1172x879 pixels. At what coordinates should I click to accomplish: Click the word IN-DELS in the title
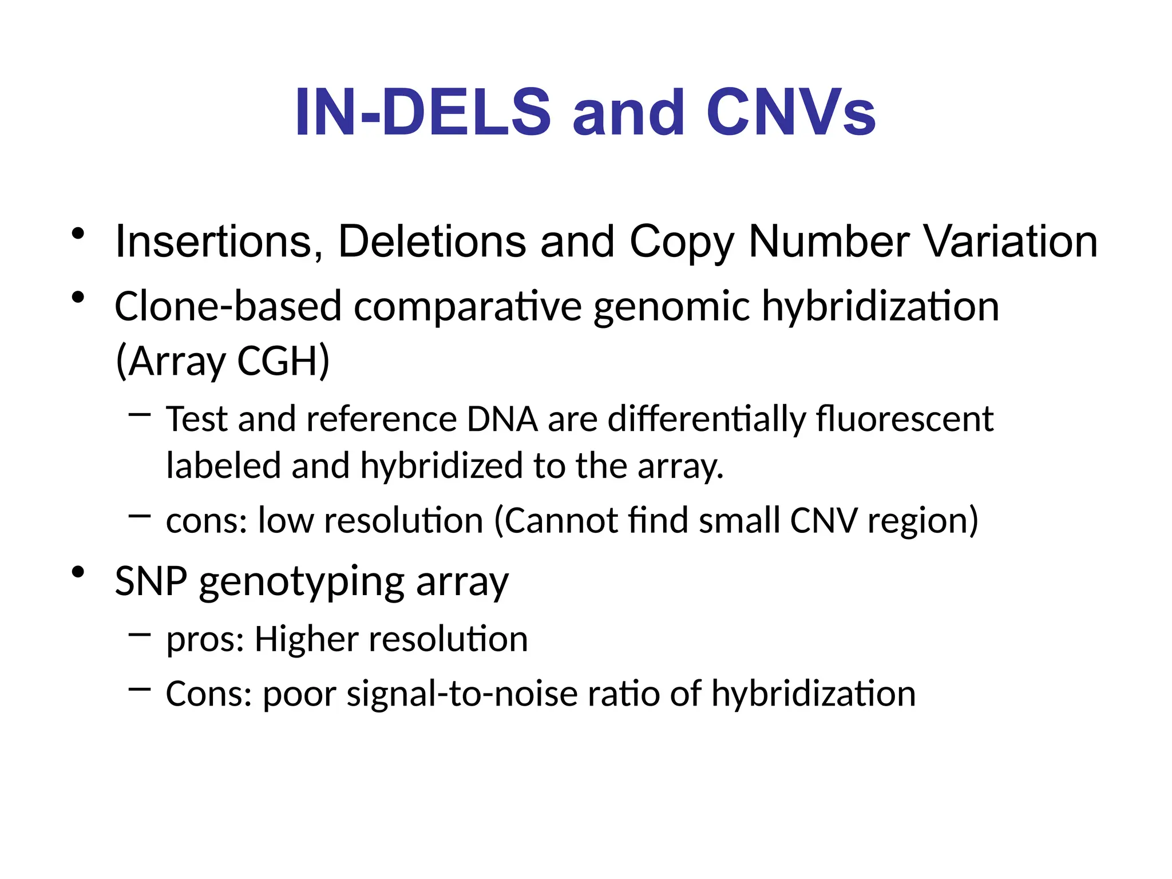pyautogui.click(x=422, y=113)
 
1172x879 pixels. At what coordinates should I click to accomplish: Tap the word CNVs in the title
pyautogui.click(x=790, y=113)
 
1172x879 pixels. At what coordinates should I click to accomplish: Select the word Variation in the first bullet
pyautogui.click(x=1011, y=241)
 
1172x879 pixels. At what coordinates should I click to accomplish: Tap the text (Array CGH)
pyautogui.click(x=223, y=362)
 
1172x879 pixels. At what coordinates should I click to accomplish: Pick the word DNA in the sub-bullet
pyautogui.click(x=502, y=419)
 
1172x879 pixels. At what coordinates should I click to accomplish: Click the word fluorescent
pyautogui.click(x=905, y=419)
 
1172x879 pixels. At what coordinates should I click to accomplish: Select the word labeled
pyautogui.click(x=224, y=465)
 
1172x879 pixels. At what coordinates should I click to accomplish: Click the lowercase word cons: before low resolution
pyautogui.click(x=207, y=521)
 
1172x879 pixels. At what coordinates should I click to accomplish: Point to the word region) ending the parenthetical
pyautogui.click(x=922, y=522)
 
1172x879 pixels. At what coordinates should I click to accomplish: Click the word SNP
pyautogui.click(x=151, y=581)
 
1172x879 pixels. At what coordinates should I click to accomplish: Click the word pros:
pyautogui.click(x=205, y=640)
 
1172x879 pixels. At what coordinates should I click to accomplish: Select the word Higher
pyautogui.click(x=306, y=639)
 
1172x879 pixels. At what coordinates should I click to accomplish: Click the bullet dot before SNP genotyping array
pyautogui.click(x=78, y=572)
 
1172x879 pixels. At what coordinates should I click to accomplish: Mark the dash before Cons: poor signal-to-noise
pyautogui.click(x=140, y=689)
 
